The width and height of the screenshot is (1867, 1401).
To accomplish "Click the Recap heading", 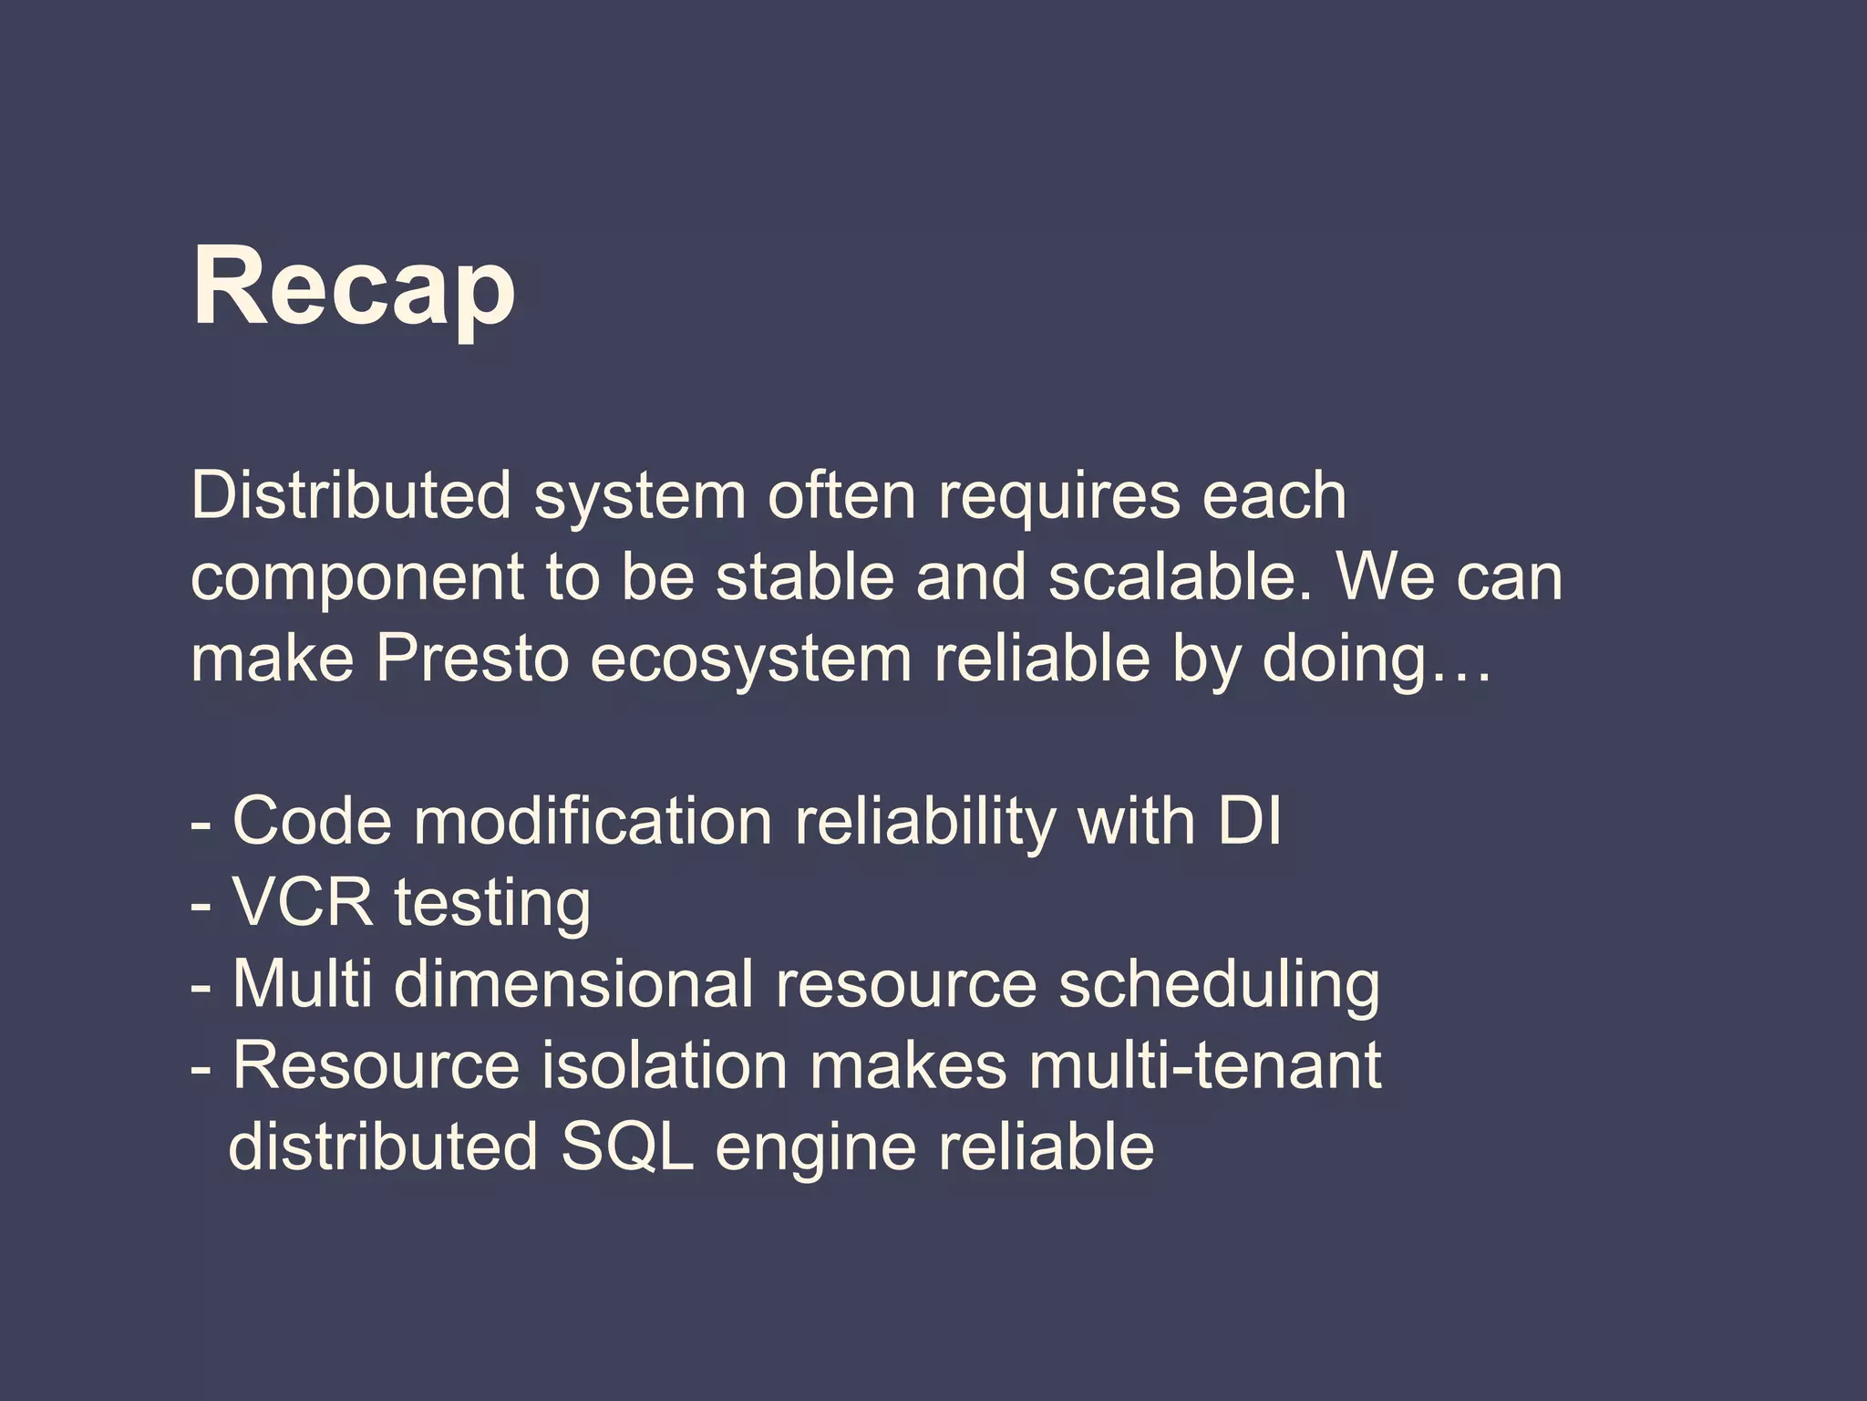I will coord(354,287).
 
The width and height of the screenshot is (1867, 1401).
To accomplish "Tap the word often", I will coord(841,496).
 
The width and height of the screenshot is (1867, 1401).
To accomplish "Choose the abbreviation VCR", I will coord(303,903).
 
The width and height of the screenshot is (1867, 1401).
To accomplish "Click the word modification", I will coord(593,821).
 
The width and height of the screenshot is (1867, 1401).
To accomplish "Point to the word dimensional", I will coord(573,983).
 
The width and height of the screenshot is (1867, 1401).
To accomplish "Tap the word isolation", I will coord(664,1064).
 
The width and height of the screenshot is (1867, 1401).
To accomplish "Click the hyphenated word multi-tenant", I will coord(1204,1064).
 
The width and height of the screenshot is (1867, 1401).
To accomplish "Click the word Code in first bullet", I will coord(312,821).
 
